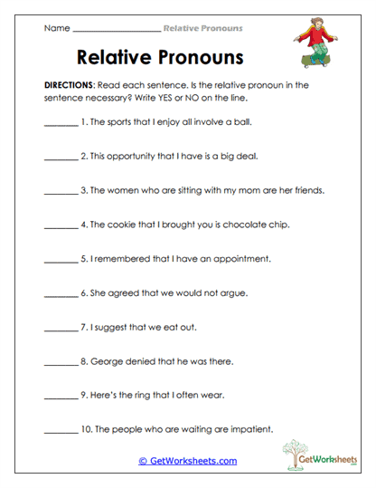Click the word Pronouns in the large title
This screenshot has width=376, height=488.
[198, 57]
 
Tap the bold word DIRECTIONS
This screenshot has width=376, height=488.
[73, 84]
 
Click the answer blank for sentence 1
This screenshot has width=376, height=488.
[61, 121]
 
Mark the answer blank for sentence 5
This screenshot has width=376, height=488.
[61, 259]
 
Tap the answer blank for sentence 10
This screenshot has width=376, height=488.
[61, 431]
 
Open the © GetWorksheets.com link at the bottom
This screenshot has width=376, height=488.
[187, 461]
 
